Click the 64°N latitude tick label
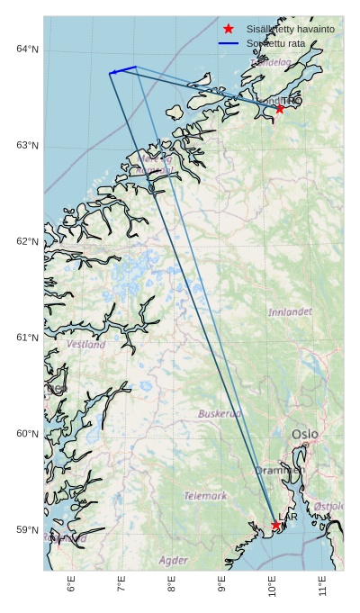coord(27,49)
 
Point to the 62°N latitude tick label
coord(27,241)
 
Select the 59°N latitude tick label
coord(27,530)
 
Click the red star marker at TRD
coord(280,109)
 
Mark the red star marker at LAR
coord(275,526)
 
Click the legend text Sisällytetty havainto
coord(291,30)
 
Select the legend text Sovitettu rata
coord(276,43)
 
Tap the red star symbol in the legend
coord(229,30)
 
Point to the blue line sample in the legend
coord(229,43)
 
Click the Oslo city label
coord(304,435)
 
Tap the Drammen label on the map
coord(279,470)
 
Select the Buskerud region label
coord(220,414)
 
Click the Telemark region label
coord(205,496)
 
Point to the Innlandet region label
coord(290,312)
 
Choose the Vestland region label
coord(85,345)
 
